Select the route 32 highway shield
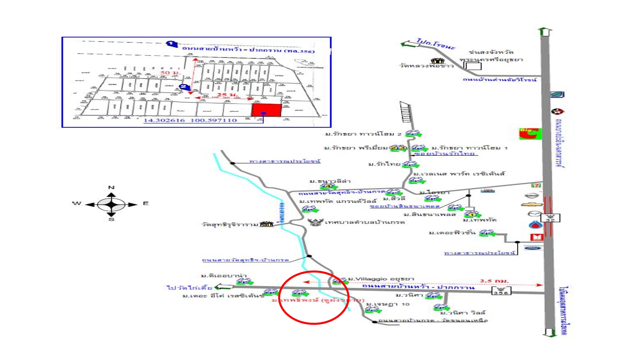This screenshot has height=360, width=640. point(550,218)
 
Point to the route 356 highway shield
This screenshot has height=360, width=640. point(501,291)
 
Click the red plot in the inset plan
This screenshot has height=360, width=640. point(266,110)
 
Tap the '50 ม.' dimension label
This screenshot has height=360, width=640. point(170,73)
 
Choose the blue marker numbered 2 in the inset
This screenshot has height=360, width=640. point(183,87)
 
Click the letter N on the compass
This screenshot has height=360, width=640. point(112,187)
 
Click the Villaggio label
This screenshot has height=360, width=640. point(381,279)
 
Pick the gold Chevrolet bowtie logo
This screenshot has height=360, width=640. point(532,204)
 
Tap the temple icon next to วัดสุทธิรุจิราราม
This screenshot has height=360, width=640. point(266,224)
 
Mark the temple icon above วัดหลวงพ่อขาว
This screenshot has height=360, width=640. point(438,61)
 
